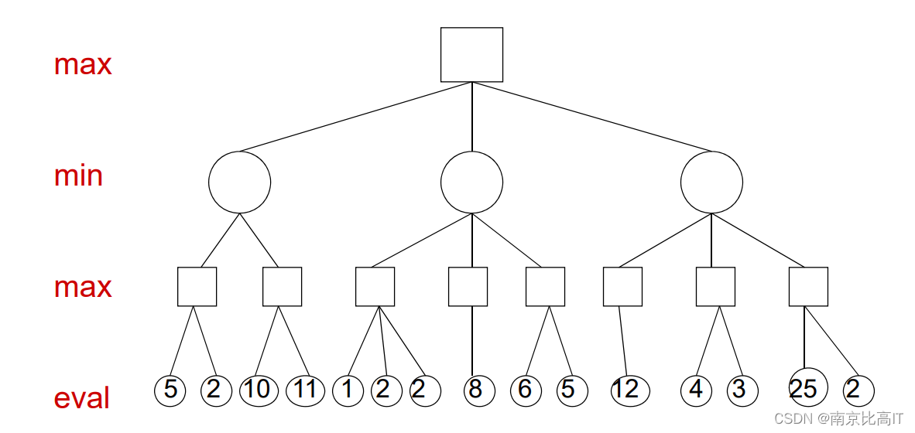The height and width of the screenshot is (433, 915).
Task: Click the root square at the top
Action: tap(471, 54)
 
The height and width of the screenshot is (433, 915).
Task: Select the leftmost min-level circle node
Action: tap(239, 182)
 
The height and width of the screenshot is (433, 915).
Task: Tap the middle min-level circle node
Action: tap(471, 182)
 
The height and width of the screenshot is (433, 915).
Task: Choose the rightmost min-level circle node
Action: tap(711, 182)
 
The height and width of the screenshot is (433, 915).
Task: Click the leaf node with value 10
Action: tap(259, 390)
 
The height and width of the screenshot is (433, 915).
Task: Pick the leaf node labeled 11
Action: tap(305, 390)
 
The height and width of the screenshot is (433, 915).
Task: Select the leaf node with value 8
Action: tap(475, 390)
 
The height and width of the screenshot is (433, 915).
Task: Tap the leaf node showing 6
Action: tap(526, 390)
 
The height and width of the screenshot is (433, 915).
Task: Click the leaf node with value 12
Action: tap(626, 390)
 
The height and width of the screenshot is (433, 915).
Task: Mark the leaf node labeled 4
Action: tap(696, 390)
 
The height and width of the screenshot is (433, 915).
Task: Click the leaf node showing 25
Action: tap(805, 389)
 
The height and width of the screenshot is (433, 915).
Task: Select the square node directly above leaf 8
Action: tap(468, 286)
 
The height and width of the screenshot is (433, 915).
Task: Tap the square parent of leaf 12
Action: tap(622, 286)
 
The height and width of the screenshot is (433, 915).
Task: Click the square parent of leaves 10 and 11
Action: tap(282, 286)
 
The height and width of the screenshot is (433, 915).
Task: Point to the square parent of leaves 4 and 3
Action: tap(715, 286)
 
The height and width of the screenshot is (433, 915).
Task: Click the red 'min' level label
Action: tap(78, 176)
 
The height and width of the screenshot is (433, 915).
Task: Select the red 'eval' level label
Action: tap(81, 398)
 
